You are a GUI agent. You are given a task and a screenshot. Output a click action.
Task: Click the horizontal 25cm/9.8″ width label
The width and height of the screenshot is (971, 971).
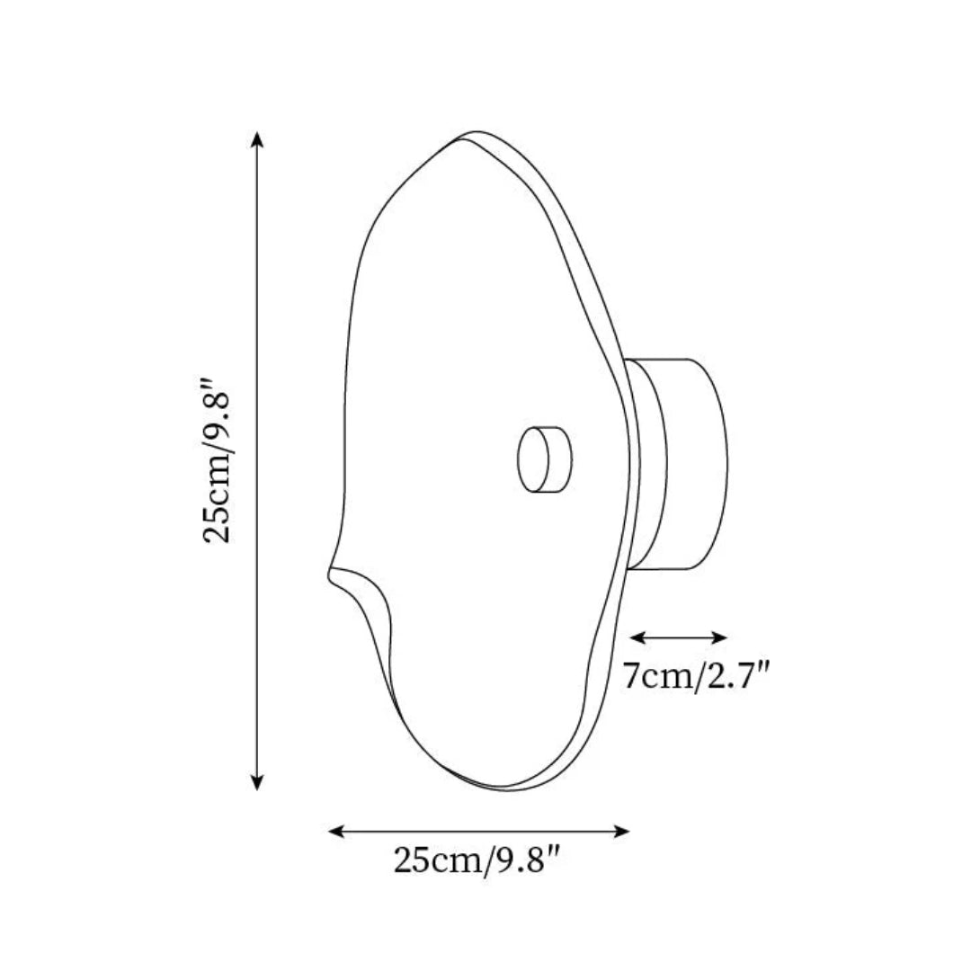coord(477,860)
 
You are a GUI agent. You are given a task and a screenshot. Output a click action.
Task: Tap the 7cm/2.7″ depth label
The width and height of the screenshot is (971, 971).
coord(696,675)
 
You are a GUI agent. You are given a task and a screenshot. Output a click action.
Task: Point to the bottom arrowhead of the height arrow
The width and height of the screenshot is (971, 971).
coord(258,783)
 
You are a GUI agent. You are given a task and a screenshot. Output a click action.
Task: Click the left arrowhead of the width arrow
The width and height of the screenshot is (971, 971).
coord(335,831)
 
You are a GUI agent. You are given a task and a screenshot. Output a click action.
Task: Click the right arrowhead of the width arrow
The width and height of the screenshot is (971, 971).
coord(622,831)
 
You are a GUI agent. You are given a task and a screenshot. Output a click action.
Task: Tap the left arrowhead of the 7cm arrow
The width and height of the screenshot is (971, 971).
coord(637,637)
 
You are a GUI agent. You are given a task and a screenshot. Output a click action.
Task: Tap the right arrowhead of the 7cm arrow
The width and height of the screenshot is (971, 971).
coord(719,637)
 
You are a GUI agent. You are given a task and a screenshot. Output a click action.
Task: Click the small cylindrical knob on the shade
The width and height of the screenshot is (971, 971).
coord(544,459)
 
